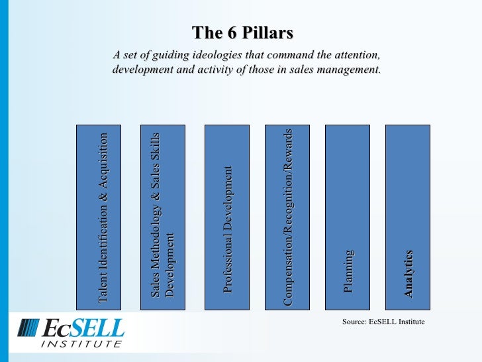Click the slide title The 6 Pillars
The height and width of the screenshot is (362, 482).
tap(242, 33)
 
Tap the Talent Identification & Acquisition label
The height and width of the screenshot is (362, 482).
tap(103, 218)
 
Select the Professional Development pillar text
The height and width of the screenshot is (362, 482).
tap(228, 229)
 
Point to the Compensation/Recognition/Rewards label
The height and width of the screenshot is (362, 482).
tap(287, 217)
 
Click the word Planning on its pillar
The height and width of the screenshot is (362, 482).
tap(348, 272)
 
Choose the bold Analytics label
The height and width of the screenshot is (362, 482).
tap(409, 273)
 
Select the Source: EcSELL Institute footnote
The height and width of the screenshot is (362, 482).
tap(383, 322)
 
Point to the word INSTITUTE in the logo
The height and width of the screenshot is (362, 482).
tap(81, 343)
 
